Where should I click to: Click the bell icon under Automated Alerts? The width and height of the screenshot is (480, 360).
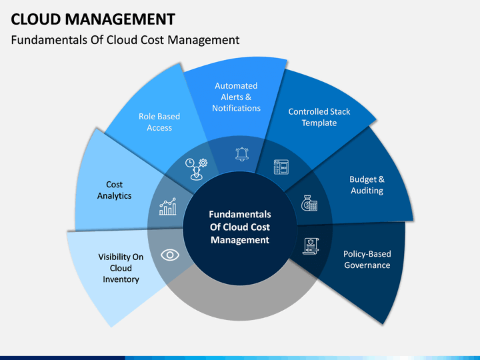coord(242,154)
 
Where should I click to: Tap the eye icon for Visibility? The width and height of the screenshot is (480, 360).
coord(170,255)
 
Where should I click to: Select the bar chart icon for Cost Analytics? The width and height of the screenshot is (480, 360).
coord(168,206)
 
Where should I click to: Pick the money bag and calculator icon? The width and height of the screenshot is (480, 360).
coord(309,203)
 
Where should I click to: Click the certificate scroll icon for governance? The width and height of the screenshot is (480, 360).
coord(311,246)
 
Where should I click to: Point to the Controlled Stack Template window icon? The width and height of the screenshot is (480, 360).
coord(281,167)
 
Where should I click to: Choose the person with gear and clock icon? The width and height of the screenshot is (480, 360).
coord(196,169)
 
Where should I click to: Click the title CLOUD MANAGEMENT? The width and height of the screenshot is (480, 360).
coord(93,19)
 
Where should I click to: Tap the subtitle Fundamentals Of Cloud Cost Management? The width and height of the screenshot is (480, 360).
coord(125,40)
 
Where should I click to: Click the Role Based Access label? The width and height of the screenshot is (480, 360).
coord(159,122)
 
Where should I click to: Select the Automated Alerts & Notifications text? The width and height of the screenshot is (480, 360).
coord(236,97)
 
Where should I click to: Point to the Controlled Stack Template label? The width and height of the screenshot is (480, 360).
coord(319,117)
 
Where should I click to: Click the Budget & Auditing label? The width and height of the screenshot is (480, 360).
coord(367,185)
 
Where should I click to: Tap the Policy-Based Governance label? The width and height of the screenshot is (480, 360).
coord(367,259)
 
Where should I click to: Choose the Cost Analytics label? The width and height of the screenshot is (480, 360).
coord(115,190)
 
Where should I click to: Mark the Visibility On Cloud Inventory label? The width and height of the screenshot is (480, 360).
coord(121,268)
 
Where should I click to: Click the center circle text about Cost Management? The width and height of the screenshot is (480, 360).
coord(240,227)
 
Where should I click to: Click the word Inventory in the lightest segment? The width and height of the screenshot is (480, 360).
coord(121,279)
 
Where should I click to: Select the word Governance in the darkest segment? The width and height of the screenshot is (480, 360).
coord(367,265)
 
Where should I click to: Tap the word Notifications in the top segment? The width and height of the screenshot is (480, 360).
coord(236,108)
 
